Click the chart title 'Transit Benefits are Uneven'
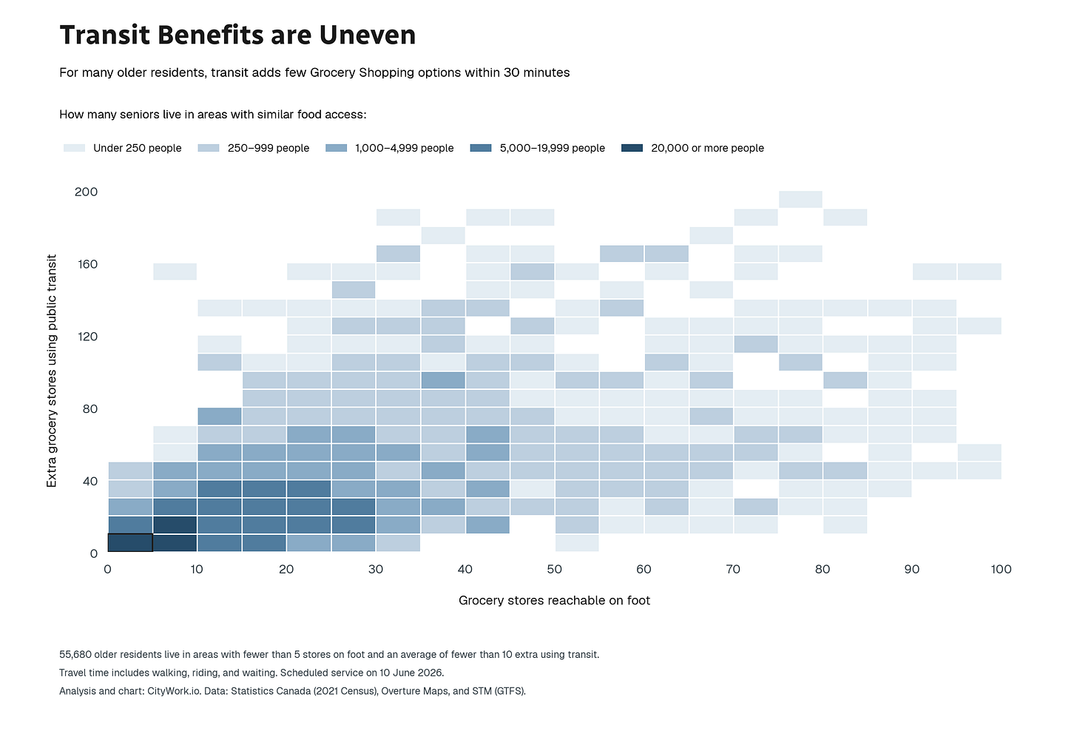(x=237, y=35)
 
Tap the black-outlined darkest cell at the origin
(x=130, y=542)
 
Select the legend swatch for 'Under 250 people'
(x=74, y=148)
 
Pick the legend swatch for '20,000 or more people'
(x=632, y=148)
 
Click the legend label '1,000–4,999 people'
(x=405, y=148)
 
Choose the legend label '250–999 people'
(x=269, y=148)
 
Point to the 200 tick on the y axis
(x=86, y=192)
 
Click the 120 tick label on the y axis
(x=88, y=337)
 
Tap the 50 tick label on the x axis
(x=554, y=570)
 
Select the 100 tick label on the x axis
(x=1001, y=570)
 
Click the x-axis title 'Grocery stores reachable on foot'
(x=554, y=600)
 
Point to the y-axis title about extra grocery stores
(x=52, y=371)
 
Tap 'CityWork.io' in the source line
(x=174, y=691)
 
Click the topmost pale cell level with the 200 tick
(x=800, y=199)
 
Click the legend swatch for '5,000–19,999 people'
(x=481, y=148)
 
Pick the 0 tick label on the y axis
(x=94, y=554)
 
